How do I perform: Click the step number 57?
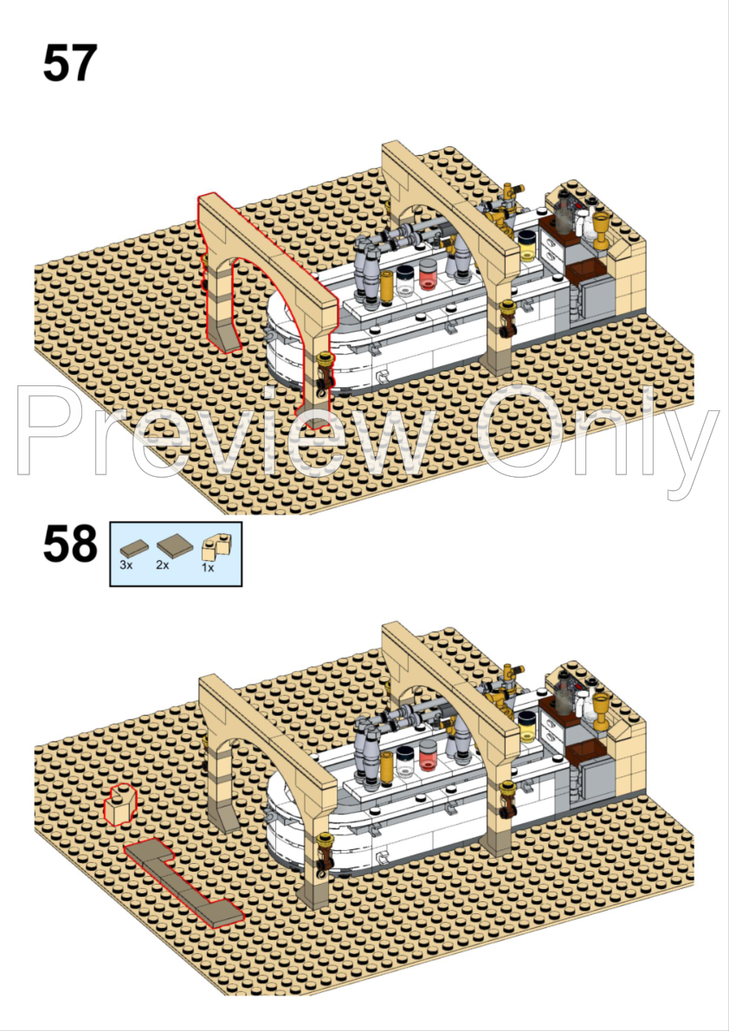[x=69, y=64]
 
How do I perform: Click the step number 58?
[x=69, y=544]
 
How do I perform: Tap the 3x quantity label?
[x=126, y=564]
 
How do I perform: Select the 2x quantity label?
[x=163, y=564]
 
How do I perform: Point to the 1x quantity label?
[x=208, y=568]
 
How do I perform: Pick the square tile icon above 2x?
[x=175, y=546]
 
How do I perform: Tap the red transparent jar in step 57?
[x=428, y=274]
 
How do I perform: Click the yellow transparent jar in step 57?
[x=527, y=246]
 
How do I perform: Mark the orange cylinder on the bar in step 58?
[x=387, y=765]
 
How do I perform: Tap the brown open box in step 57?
[x=585, y=272]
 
